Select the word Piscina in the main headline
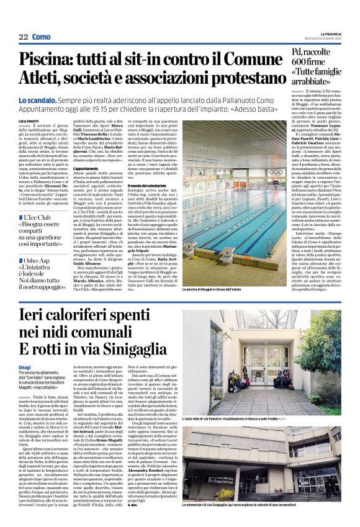(45, 60)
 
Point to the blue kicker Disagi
(25, 367)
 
